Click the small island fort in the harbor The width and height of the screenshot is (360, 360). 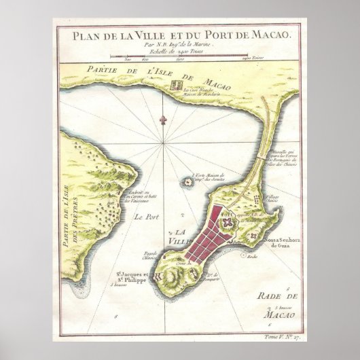[x=185, y=181]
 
